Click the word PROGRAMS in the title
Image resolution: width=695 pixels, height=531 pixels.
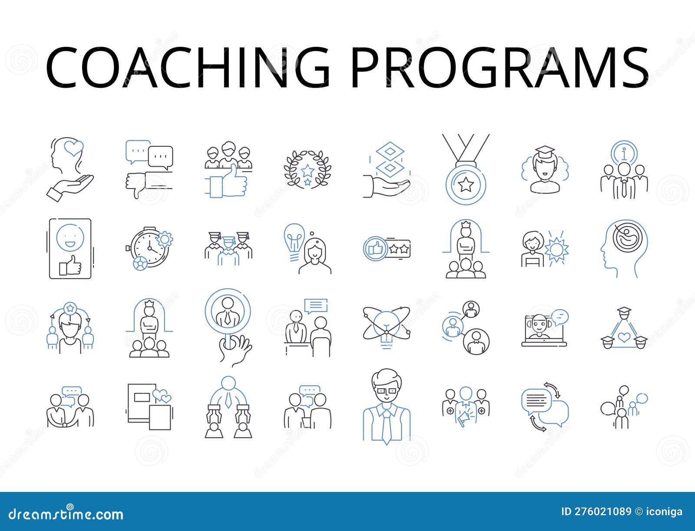[x=500, y=69]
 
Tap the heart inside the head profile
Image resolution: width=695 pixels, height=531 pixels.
[x=73, y=149]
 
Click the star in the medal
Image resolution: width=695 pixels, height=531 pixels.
[x=466, y=185]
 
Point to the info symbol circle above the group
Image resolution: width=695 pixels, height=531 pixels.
[x=624, y=152]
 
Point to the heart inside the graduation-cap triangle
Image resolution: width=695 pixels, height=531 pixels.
[x=624, y=337]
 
